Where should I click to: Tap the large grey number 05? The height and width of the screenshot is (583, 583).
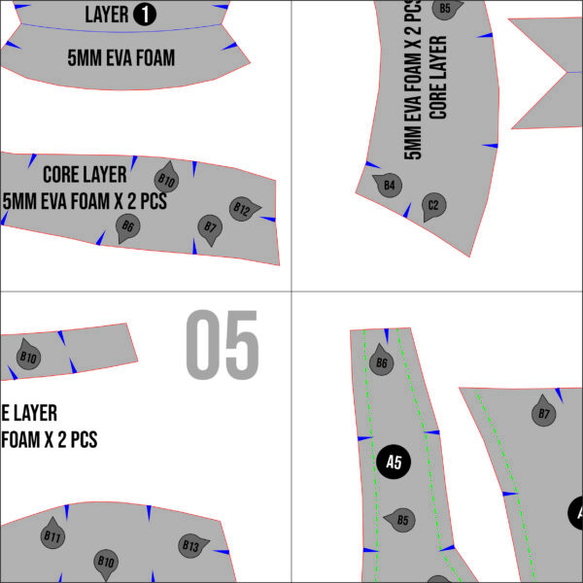[223, 345]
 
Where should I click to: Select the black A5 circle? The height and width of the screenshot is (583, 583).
[394, 462]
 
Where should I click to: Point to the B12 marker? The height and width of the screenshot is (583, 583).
[243, 209]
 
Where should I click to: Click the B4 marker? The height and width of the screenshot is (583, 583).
[389, 184]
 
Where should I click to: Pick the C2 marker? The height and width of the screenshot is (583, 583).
[433, 205]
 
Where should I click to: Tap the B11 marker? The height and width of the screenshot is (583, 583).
[52, 535]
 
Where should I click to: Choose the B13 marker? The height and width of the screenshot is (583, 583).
[191, 546]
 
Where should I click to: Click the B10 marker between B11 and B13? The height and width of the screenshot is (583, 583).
[106, 562]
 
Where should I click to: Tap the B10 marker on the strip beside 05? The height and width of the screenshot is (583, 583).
[28, 357]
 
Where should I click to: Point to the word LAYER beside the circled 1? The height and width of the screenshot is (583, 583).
[106, 15]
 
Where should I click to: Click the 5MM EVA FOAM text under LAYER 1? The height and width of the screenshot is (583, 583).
[121, 57]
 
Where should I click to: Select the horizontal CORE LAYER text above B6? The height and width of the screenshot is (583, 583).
[85, 176]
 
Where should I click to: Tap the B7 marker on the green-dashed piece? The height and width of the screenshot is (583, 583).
[545, 414]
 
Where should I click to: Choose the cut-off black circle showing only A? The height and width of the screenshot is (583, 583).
[575, 513]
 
